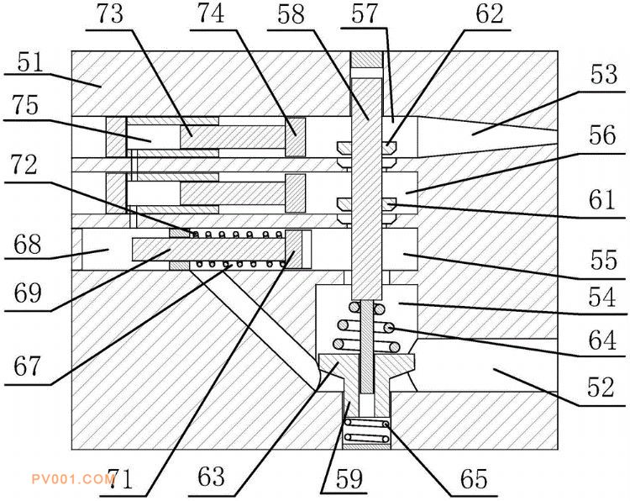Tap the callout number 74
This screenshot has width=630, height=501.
[x=211, y=13]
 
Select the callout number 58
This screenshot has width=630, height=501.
[x=291, y=14]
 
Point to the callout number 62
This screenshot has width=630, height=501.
[x=490, y=14]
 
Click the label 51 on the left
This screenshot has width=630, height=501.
[x=30, y=63]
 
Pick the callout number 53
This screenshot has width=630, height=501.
[x=603, y=74]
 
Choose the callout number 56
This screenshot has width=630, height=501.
[x=602, y=135]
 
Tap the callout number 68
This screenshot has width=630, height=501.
[x=28, y=244]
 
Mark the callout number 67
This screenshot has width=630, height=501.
[x=28, y=367]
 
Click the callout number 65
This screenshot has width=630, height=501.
[x=474, y=479]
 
